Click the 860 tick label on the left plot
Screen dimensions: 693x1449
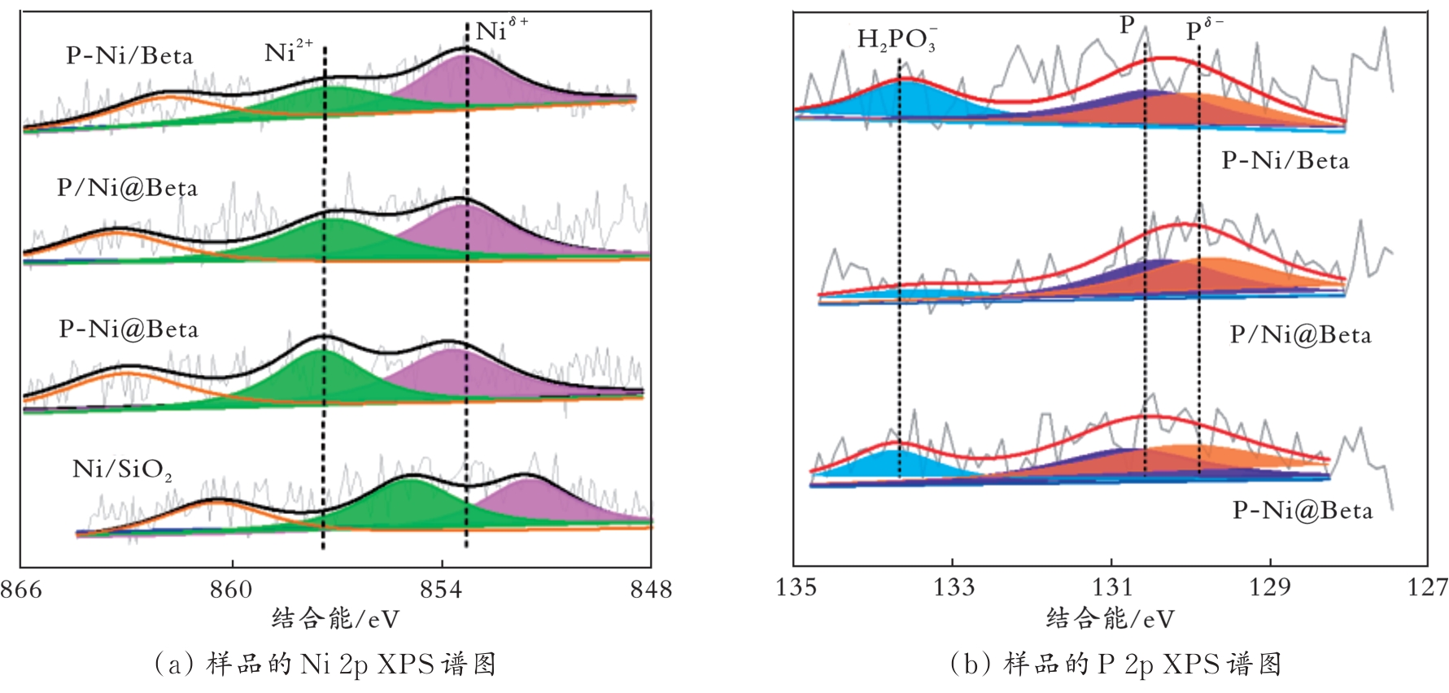(231, 589)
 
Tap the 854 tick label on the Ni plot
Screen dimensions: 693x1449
(441, 589)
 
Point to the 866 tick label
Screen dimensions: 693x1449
(21, 589)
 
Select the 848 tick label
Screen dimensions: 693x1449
(651, 589)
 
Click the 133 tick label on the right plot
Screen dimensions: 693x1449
(953, 587)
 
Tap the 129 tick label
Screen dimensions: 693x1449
(1269, 587)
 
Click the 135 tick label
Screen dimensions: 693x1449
(796, 587)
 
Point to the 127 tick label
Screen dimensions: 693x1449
(1428, 587)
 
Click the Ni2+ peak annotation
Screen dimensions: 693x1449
(288, 53)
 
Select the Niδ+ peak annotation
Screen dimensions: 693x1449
(500, 31)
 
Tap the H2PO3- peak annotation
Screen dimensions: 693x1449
(897, 39)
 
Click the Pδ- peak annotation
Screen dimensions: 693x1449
(1203, 31)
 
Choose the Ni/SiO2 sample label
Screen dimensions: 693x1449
(122, 470)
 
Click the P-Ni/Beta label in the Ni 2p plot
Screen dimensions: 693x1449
(129, 56)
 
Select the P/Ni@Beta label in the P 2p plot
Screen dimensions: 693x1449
(1300, 335)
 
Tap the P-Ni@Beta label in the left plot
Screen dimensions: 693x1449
(129, 329)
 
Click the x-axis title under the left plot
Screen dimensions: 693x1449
(335, 620)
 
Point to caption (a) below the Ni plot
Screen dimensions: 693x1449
(325, 665)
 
